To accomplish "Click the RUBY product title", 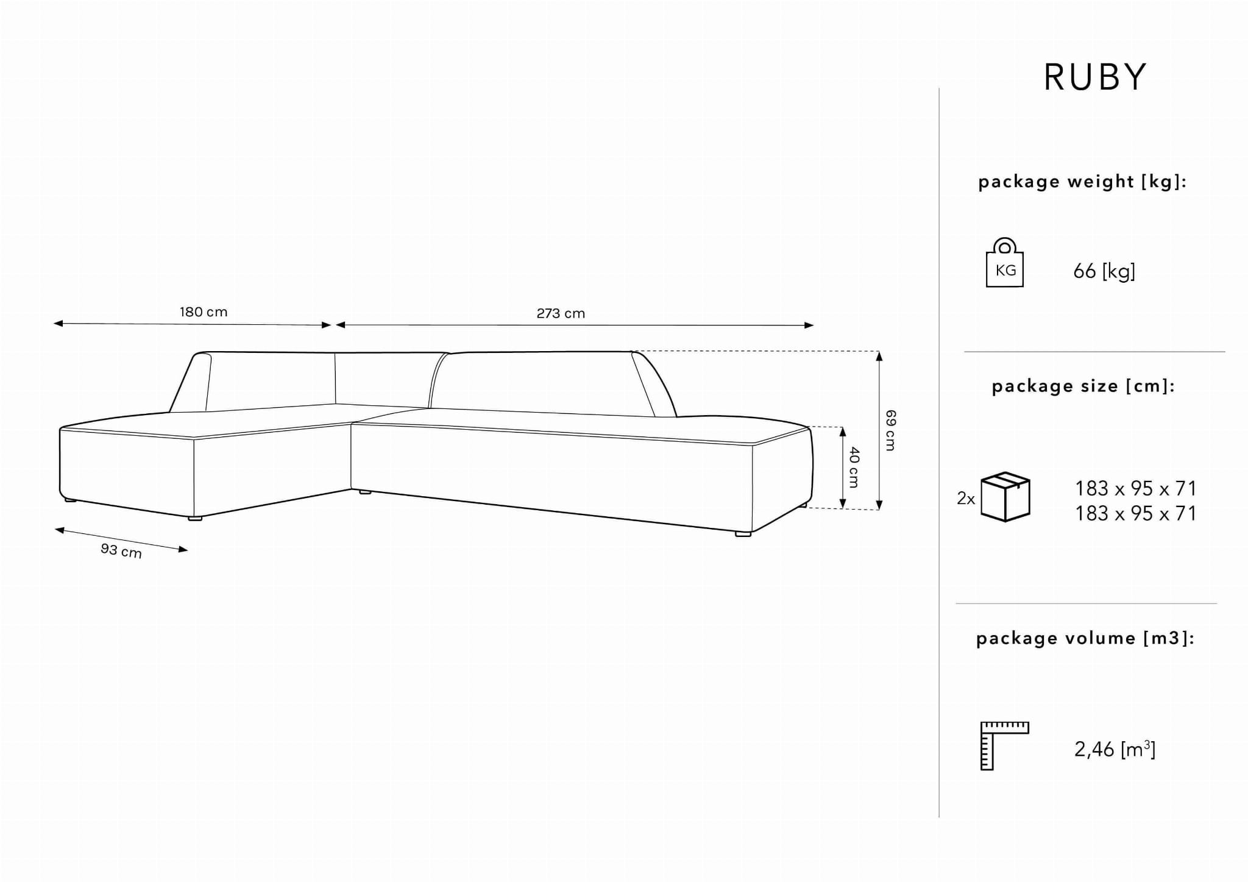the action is click(x=1095, y=77).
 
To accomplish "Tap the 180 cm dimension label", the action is click(x=204, y=312).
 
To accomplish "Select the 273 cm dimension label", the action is click(x=561, y=313).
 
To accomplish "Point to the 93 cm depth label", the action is click(x=121, y=550).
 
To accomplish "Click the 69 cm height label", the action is click(x=890, y=430).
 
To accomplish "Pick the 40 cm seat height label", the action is click(x=854, y=468).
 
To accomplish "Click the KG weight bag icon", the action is click(x=1004, y=263).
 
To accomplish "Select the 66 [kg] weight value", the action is click(x=1104, y=271).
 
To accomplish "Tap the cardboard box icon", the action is click(x=1005, y=496).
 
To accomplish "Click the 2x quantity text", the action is click(x=966, y=499).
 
